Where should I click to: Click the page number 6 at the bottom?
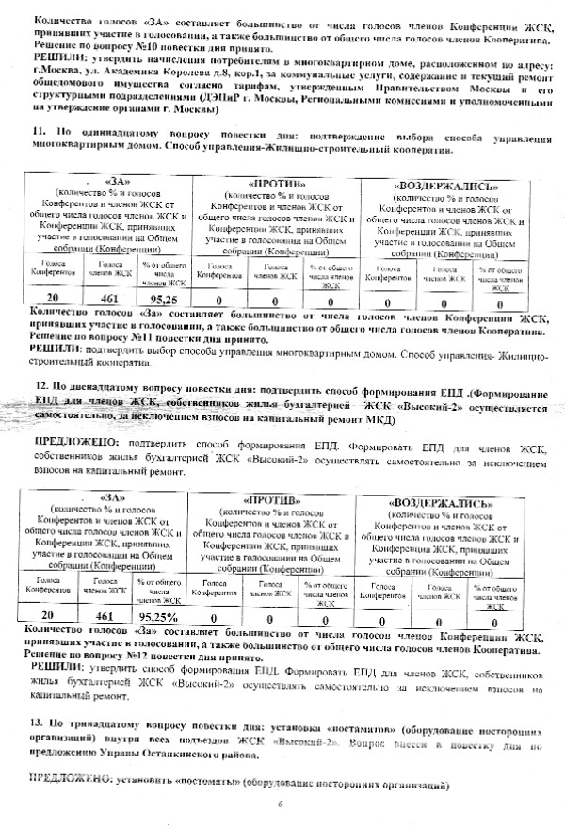coord(281,804)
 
